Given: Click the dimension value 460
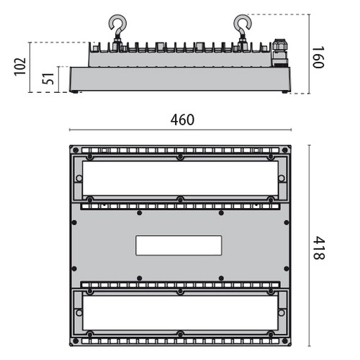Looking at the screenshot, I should pyautogui.click(x=182, y=120).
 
